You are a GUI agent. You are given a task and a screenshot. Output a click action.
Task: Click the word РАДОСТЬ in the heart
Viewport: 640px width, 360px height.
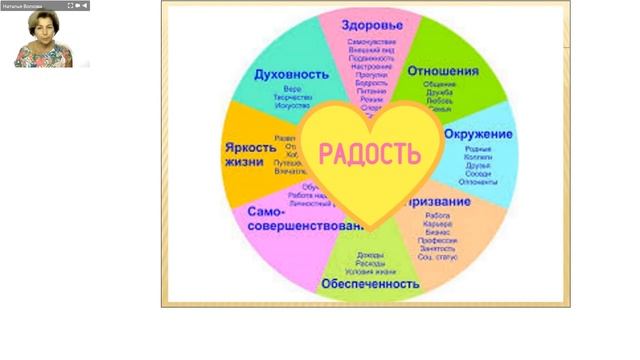tap(366, 154)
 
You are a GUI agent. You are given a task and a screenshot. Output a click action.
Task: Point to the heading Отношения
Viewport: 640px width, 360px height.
tap(442, 71)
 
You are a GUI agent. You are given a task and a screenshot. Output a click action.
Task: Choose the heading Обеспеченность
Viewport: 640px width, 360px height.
tap(369, 283)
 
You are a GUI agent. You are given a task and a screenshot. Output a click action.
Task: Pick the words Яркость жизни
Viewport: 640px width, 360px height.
tap(245, 154)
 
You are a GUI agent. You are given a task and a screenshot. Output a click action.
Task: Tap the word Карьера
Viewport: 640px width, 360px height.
tap(436, 224)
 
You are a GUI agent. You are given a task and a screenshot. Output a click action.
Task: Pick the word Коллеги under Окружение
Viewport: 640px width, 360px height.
tap(478, 157)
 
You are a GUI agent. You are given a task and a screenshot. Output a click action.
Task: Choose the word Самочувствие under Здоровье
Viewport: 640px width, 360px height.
tap(366, 42)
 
